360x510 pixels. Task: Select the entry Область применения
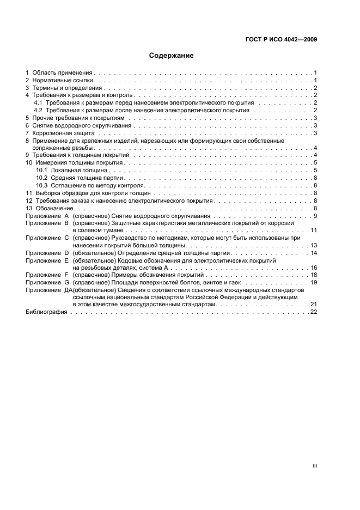(x=63, y=72)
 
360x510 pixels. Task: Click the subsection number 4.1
(x=38, y=102)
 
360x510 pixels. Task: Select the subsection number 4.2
(x=38, y=110)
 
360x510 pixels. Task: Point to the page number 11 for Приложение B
(x=314, y=230)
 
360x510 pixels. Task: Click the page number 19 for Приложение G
(x=314, y=283)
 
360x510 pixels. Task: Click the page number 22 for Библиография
(x=314, y=312)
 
